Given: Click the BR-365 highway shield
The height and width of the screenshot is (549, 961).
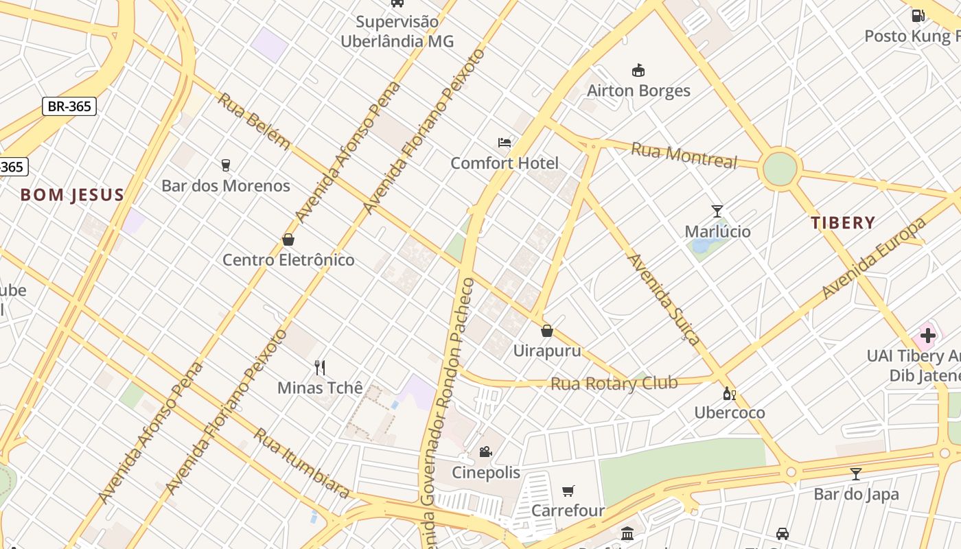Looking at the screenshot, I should tap(69, 106).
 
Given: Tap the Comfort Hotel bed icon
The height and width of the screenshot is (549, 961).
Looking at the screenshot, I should tap(505, 143).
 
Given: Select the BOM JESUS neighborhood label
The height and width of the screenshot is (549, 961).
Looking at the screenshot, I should tap(72, 195).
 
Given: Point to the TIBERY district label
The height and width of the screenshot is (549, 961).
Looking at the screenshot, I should tap(842, 222).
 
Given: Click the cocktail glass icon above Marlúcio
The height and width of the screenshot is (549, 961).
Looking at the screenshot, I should tap(717, 211).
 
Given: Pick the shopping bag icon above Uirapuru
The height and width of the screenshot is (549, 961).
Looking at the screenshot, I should tap(547, 331).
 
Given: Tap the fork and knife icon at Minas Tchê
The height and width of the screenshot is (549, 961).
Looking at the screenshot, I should tap(319, 367).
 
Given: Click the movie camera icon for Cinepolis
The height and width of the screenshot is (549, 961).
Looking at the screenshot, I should tap(485, 452).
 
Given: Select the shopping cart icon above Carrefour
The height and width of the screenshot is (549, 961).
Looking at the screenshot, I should tap(568, 490).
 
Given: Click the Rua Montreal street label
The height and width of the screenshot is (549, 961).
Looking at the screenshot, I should tap(684, 155).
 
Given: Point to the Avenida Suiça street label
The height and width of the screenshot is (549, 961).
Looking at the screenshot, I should tap(664, 299).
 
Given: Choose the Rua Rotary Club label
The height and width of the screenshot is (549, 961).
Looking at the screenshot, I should tap(614, 383).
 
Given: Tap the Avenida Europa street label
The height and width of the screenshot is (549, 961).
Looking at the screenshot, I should tap(873, 259).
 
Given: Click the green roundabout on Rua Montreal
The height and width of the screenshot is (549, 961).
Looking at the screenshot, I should tap(780, 169).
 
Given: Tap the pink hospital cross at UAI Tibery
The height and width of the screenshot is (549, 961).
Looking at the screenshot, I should tap(927, 336).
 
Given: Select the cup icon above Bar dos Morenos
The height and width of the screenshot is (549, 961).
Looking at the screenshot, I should tap(225, 165).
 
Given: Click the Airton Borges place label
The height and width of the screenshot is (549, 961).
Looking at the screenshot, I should tap(638, 91).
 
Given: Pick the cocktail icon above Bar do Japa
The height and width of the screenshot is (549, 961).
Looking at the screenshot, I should tap(855, 474).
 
